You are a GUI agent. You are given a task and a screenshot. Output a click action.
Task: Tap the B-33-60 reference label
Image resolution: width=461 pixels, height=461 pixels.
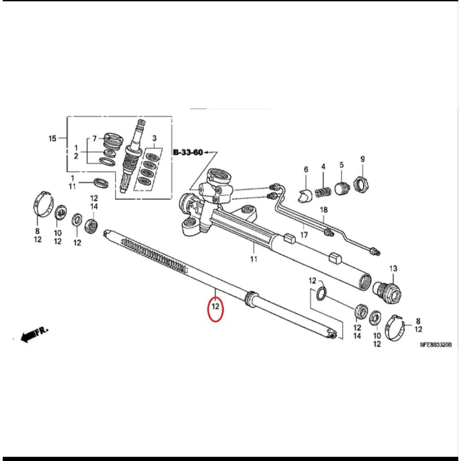[188, 153]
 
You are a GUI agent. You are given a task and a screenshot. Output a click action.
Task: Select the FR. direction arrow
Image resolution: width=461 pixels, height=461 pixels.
[34, 334]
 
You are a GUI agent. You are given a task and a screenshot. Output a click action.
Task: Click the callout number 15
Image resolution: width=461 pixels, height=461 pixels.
[52, 138]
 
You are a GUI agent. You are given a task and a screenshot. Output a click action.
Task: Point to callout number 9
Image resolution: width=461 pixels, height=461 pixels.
[362, 159]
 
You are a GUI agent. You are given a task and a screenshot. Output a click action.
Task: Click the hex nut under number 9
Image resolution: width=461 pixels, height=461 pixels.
[361, 184]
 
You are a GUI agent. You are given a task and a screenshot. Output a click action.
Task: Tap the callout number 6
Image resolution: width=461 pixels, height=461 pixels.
[306, 169]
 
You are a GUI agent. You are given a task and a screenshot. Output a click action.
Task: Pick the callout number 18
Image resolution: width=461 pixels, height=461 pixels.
[323, 210]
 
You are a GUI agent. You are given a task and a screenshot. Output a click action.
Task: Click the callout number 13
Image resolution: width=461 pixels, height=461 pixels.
[393, 269]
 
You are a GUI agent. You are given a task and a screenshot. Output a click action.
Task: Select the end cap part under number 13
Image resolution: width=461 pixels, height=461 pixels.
[389, 289]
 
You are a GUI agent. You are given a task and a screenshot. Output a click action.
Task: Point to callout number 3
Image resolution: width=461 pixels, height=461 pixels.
[154, 138]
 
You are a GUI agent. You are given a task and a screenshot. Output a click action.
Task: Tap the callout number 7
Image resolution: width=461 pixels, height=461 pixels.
[94, 138]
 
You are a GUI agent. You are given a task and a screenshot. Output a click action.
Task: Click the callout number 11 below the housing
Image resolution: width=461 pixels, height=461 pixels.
[253, 259]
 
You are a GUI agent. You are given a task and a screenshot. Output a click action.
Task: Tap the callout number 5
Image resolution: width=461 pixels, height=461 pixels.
[341, 165]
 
